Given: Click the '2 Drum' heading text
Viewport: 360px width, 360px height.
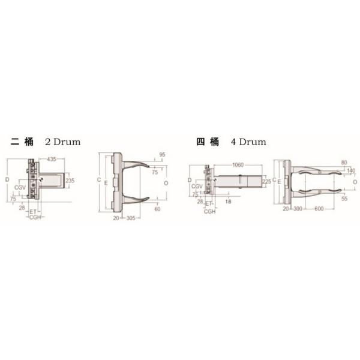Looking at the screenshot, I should (63, 143).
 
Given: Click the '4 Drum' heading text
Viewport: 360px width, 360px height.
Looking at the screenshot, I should (248, 143).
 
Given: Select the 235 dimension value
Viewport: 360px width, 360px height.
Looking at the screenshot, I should (70, 180).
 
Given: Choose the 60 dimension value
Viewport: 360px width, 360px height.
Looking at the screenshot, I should (158, 209).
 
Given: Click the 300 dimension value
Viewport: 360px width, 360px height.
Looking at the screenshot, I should (298, 209).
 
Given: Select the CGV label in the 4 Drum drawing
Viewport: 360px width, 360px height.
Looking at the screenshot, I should (196, 187).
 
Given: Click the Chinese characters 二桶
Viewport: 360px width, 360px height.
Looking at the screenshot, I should (22, 143).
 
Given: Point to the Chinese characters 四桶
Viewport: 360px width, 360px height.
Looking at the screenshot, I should (207, 143).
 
